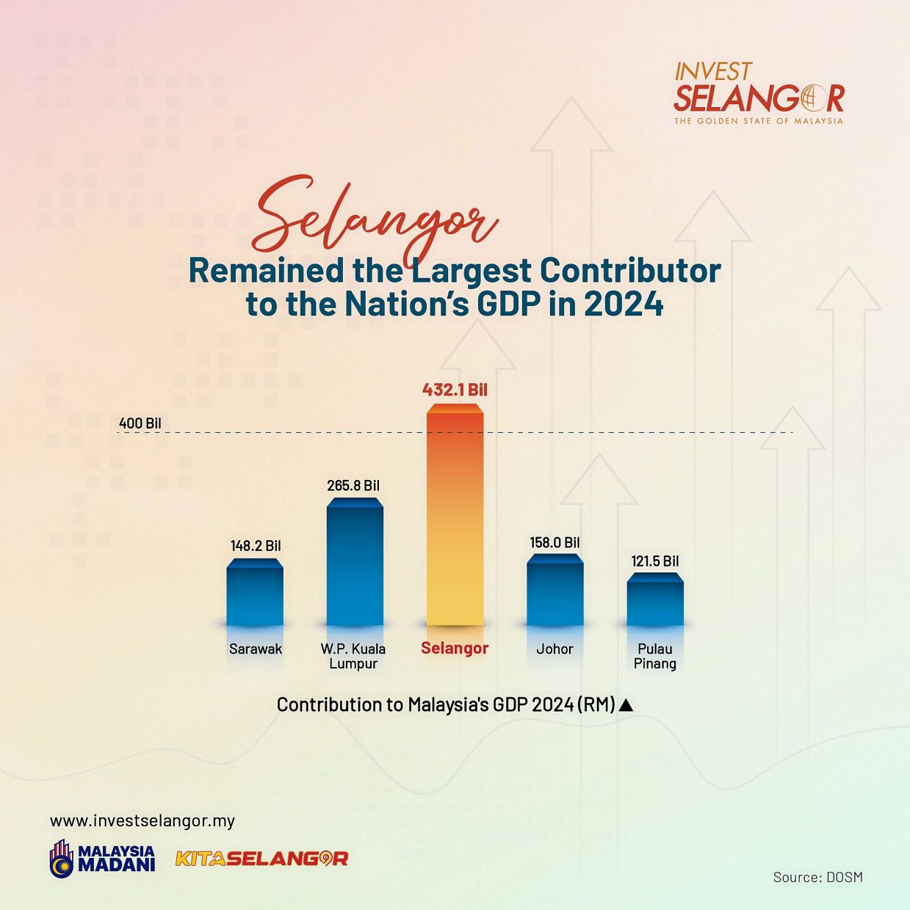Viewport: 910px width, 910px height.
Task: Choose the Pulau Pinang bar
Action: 655,600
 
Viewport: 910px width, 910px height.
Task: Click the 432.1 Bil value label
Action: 455,390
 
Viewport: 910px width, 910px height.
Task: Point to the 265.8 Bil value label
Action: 353,486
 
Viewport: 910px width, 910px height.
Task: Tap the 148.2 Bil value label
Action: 256,546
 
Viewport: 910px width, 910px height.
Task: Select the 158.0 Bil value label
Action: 555,542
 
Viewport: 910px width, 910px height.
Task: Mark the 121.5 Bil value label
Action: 655,561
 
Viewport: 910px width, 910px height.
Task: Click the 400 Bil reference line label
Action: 140,423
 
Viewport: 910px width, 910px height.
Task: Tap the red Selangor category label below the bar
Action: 455,648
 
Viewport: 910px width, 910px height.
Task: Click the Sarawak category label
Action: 256,649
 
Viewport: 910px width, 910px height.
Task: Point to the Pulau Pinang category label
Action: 655,656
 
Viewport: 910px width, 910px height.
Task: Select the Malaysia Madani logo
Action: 103,858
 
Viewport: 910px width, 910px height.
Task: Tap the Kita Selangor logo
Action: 261,858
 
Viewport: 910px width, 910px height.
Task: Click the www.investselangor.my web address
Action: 142,820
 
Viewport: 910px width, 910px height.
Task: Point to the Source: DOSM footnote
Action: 817,877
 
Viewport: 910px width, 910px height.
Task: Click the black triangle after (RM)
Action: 626,705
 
